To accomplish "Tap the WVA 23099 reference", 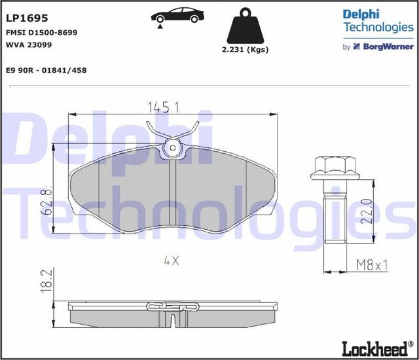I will click(28, 45).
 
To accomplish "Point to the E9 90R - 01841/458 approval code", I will click(46, 69).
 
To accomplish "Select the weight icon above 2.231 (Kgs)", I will click(246, 27).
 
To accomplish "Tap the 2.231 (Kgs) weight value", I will click(246, 49).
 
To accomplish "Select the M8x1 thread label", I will click(372, 264).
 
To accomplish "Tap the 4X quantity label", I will click(171, 260).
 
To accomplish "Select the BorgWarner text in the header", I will click(386, 47).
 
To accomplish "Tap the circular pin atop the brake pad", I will click(173, 148).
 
